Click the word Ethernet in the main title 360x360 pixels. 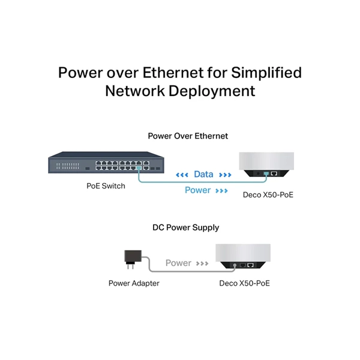pyautogui.click(x=173, y=73)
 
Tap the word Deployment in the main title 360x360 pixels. pyautogui.click(x=212, y=91)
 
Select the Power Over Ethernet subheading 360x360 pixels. pyautogui.click(x=188, y=136)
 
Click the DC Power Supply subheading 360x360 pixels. pyautogui.click(x=186, y=227)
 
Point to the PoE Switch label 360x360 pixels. pyautogui.click(x=106, y=186)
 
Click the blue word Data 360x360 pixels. pyautogui.click(x=203, y=174)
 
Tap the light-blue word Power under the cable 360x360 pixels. pyautogui.click(x=197, y=190)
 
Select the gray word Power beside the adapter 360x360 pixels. pyautogui.click(x=178, y=263)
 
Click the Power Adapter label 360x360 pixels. pyautogui.click(x=134, y=283)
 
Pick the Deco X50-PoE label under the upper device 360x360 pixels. pyautogui.click(x=268, y=195)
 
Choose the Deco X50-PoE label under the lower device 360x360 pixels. pyautogui.click(x=244, y=283)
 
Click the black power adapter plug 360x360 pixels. pyautogui.click(x=133, y=259)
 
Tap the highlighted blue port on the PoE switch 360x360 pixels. pyautogui.click(x=139, y=168)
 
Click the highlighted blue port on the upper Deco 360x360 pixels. pyautogui.click(x=266, y=173)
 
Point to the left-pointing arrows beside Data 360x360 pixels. pyautogui.click(x=182, y=175)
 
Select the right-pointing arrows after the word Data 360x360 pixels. pyautogui.click(x=225, y=175)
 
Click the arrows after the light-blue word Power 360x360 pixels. pyautogui.click(x=221, y=191)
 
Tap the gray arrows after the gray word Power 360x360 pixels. pyautogui.click(x=202, y=263)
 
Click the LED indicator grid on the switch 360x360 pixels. pyautogui.click(x=68, y=166)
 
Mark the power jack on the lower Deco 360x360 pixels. pyautogui.click(x=235, y=265)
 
